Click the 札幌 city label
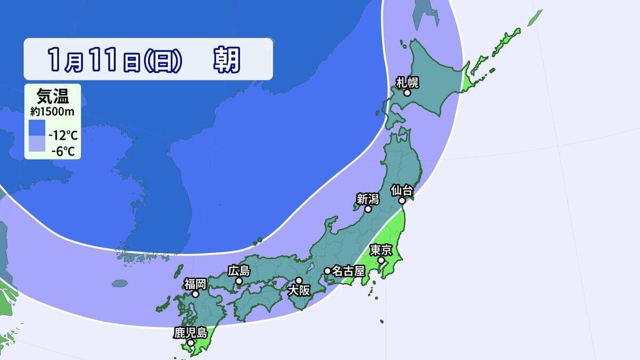pos(407,82)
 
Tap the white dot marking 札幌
pos(407,93)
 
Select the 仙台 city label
pos(402,189)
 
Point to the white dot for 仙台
pos(403,201)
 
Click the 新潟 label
pos(367,199)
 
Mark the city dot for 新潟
pos(368,210)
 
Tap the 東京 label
pos(381,250)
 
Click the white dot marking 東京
pos(381,261)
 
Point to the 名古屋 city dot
pos(327,271)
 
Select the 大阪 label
pos(299,291)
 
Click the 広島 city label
pos(238,270)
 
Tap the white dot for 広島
pos(239,281)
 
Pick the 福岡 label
pos(196,283)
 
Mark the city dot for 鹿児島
pos(191,342)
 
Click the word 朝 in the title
pos(227,59)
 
